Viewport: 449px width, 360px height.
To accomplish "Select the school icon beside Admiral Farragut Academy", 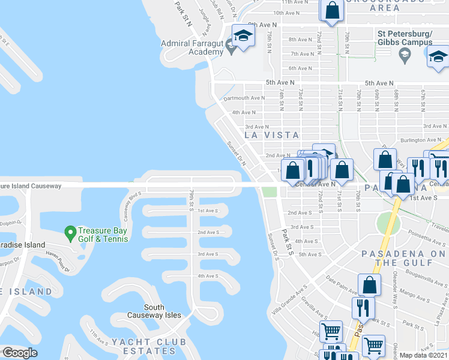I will (242, 36).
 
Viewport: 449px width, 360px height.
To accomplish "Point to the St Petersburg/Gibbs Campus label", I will (405, 38).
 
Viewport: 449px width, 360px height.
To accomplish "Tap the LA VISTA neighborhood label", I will (272, 135).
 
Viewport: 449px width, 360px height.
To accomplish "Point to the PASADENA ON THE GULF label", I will (403, 258).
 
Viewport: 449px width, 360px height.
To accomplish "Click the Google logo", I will (20, 353).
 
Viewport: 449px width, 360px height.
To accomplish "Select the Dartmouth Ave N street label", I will (243, 98).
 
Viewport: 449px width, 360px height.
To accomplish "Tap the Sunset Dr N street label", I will (237, 154).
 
